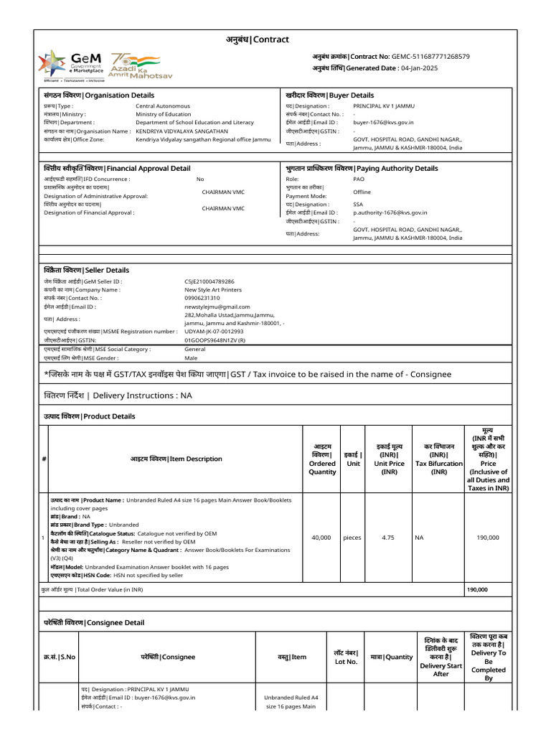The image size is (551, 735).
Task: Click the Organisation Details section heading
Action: [99, 95]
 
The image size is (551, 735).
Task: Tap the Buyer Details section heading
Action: [329, 95]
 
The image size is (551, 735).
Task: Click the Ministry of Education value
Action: [164, 114]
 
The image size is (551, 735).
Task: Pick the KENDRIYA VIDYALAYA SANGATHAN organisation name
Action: [182, 131]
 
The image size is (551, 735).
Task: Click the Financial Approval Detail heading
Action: [117, 169]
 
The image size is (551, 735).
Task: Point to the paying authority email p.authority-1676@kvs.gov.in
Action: [390, 212]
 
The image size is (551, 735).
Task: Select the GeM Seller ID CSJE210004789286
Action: [209, 282]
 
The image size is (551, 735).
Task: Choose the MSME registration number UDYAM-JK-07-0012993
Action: [214, 332]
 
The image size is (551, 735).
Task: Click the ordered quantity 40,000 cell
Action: [321, 537]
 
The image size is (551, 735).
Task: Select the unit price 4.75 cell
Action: [389, 537]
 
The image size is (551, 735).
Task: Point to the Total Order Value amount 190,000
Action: [477, 589]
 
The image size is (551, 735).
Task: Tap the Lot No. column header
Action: [346, 657]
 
